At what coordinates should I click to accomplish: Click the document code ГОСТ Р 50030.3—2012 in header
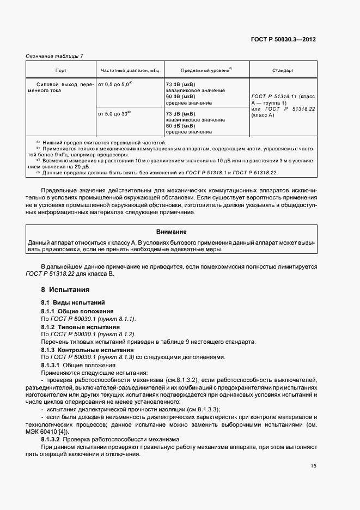point(283,39)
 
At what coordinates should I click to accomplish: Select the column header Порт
point(61,70)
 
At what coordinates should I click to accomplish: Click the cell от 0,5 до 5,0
point(114,85)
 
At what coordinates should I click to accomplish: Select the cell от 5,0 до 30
point(114,113)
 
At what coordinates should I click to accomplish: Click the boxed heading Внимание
point(172,232)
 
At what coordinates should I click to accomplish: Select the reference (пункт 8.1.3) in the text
point(117,357)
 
